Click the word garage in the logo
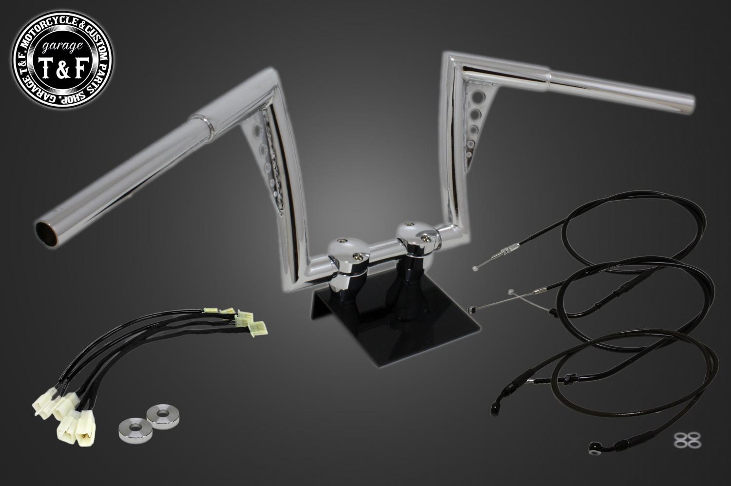point(62,48)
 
